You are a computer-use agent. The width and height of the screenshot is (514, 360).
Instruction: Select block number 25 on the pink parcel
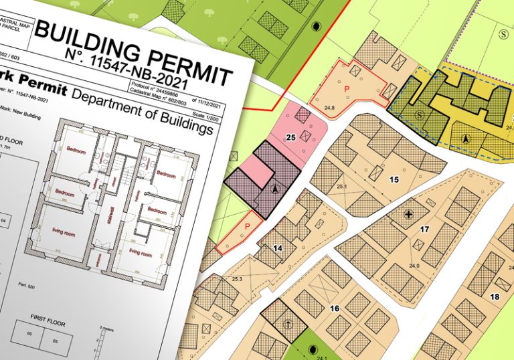[x=290, y=138]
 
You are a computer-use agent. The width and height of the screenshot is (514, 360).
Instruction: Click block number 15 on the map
[x=394, y=179]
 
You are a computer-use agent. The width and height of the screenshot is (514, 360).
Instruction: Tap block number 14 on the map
[x=277, y=248]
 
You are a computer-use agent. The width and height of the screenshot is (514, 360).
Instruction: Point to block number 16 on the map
[x=335, y=308]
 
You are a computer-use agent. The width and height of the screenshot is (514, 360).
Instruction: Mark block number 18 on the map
[x=494, y=296]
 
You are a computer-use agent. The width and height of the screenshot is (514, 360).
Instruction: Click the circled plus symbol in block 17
[x=409, y=214]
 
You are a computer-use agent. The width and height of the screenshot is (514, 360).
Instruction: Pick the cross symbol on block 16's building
[x=288, y=324]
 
